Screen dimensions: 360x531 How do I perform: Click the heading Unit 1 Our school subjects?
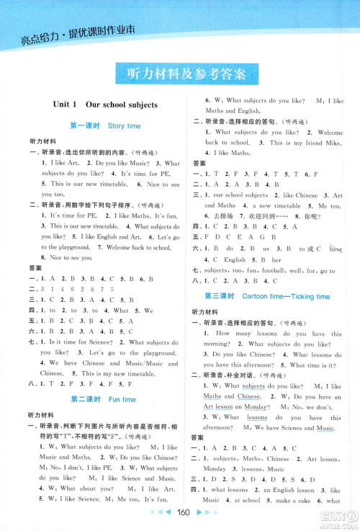105,104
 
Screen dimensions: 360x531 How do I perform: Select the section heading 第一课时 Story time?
105,125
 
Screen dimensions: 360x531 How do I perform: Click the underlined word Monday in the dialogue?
256,407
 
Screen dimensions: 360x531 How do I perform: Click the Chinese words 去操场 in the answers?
218,216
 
